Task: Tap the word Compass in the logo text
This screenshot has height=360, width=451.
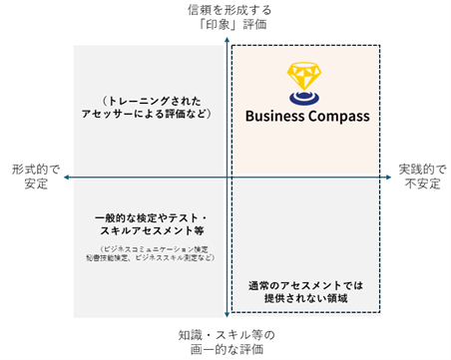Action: [x=337, y=116]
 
